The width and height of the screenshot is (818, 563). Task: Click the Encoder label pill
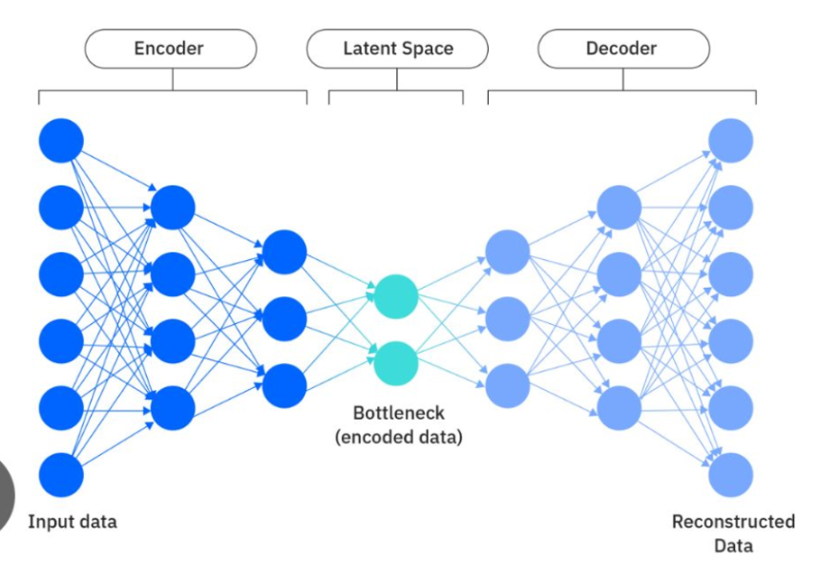pos(171,49)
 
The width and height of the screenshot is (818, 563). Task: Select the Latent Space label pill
pos(397,49)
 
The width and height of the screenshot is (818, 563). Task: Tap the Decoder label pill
pos(623,49)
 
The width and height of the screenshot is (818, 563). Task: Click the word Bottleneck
pos(399,413)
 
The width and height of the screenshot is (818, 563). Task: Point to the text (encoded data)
pos(399,437)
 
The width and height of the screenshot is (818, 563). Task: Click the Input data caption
pos(73,521)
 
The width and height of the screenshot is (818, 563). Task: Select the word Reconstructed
pos(733,521)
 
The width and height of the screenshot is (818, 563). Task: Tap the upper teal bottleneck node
pos(396,296)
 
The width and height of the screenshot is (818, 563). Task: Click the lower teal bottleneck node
pos(396,363)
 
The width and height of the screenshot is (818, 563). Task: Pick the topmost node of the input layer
pos(61,141)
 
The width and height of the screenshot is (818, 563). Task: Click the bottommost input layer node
pos(61,475)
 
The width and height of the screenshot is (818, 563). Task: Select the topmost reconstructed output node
pos(730,141)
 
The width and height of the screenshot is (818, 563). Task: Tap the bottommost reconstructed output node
pos(730,475)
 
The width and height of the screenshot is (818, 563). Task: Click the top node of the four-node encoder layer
pos(173,207)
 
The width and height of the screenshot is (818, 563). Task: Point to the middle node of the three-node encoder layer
pos(284,318)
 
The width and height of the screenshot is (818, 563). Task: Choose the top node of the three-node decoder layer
pos(508,251)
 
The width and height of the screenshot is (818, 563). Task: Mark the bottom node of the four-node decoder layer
pos(619,408)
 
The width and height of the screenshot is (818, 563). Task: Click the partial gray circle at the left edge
pos(7,495)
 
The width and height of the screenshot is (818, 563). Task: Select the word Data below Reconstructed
pos(733,546)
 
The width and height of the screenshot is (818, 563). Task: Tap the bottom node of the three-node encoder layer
pos(284,386)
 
